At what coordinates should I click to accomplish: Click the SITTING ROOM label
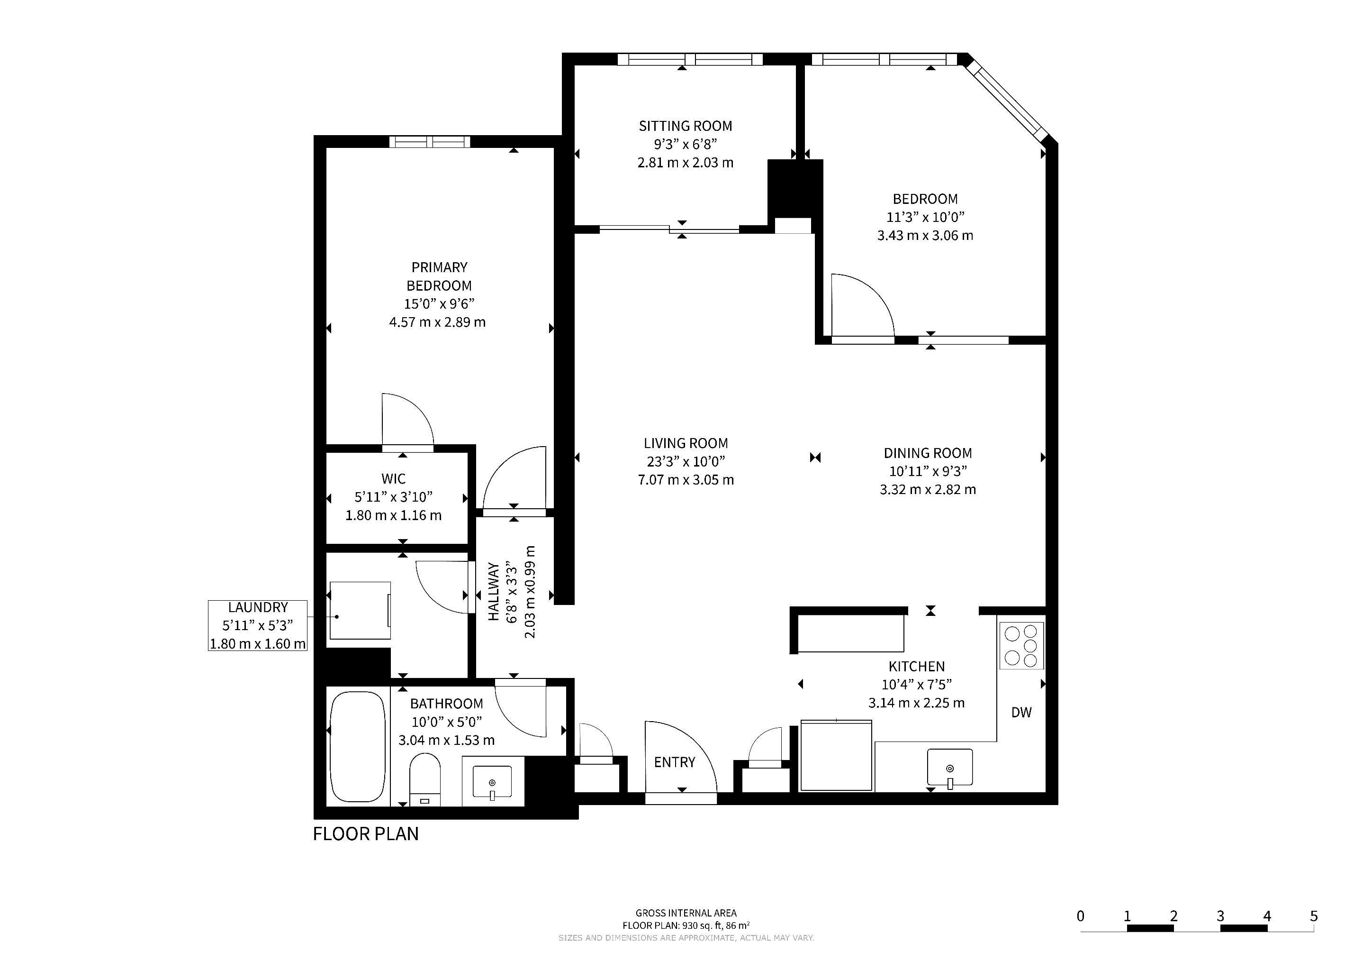[x=686, y=126]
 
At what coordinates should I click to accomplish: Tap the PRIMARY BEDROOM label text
[x=439, y=276]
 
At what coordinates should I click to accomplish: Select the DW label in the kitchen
[x=1021, y=712]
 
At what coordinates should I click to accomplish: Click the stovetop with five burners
[x=1021, y=646]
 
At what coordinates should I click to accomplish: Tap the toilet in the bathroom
[x=425, y=779]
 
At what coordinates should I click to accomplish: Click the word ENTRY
[x=675, y=762]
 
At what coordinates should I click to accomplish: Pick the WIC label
[x=393, y=479]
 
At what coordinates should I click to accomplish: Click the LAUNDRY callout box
[x=258, y=625]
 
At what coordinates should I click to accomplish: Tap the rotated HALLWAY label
[x=494, y=591]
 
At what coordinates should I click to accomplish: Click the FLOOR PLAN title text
[x=366, y=834]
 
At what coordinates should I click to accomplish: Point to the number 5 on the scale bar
[x=1313, y=916]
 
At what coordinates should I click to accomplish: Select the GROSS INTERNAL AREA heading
[x=686, y=913]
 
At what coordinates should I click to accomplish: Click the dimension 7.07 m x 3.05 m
[x=686, y=479]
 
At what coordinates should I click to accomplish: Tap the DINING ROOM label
[x=928, y=453]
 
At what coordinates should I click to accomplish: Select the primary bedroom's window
[x=430, y=142]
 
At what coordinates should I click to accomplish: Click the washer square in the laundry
[x=361, y=611]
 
